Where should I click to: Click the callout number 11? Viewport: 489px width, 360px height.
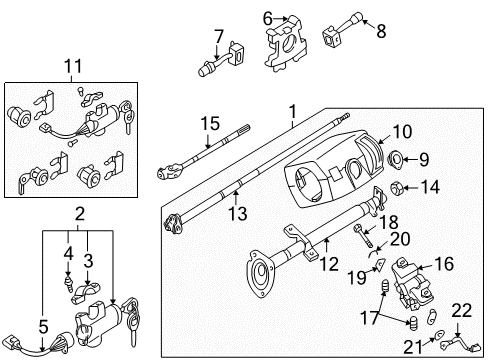pos(73,66)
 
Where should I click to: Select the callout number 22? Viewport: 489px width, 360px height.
pos(462,311)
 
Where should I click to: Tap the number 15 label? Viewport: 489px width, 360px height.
pos(210,124)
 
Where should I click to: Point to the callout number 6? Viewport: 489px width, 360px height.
pos(268,19)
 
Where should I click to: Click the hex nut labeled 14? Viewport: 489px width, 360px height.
pos(397,189)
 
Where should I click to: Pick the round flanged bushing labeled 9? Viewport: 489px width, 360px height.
pos(396,159)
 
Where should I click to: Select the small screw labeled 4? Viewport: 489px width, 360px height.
pos(69,283)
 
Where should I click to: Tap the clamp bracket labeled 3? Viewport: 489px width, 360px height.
pos(86,292)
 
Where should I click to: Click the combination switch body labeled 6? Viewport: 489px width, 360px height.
pos(285,43)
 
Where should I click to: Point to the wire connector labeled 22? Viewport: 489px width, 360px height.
pos(461,344)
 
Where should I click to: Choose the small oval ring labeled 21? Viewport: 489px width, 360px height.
pos(440,334)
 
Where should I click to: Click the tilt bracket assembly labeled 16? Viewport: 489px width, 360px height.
pos(412,283)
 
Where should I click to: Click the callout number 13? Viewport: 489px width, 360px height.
pos(238,214)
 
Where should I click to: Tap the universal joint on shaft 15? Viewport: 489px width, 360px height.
pos(169,169)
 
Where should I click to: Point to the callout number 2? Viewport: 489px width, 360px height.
pos(80,214)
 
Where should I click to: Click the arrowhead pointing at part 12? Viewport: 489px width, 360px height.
pos(327,239)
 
